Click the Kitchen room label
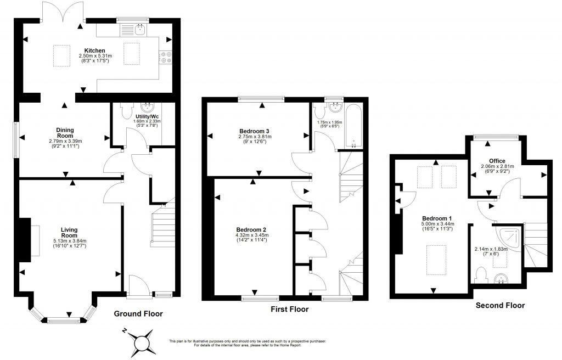[94, 50]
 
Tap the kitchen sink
[140, 29]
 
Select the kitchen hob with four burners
[166, 58]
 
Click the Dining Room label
[65, 133]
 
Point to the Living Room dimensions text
[69, 243]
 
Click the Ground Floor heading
[138, 314]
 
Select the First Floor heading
[290, 309]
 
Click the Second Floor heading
[500, 306]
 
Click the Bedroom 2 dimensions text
[251, 238]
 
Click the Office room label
[497, 161]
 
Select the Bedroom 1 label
[437, 218]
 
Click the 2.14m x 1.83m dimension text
[491, 251]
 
